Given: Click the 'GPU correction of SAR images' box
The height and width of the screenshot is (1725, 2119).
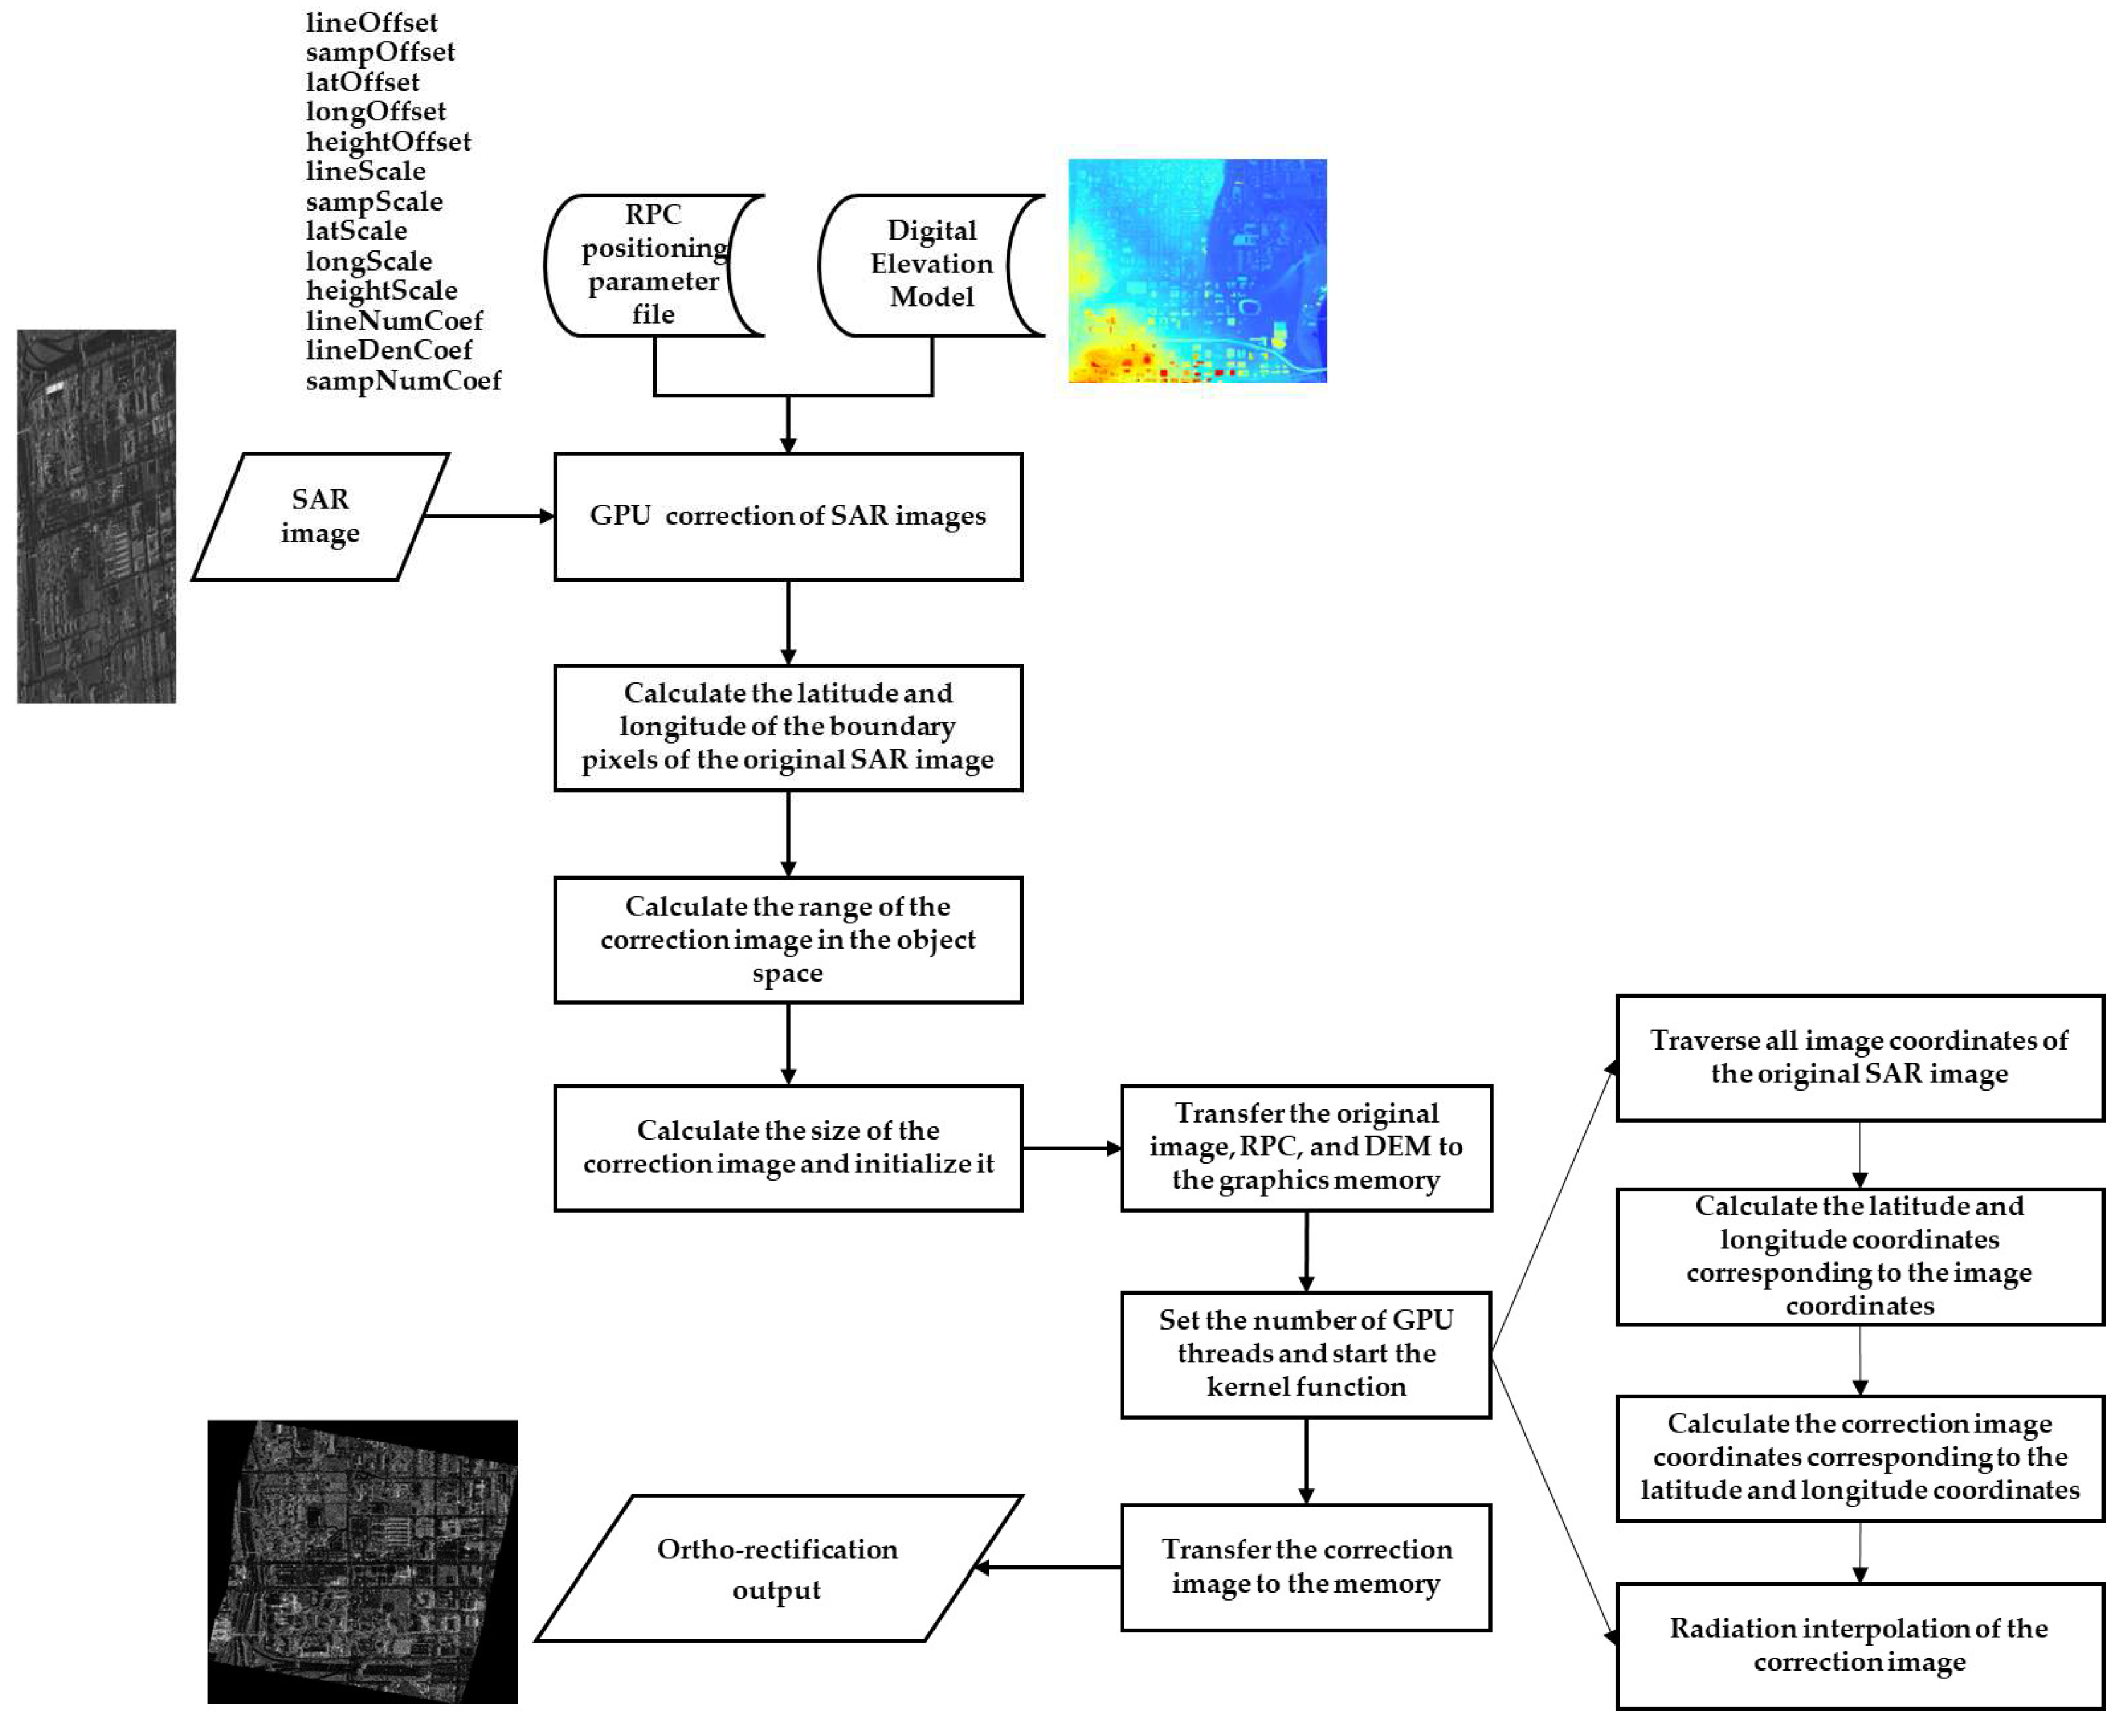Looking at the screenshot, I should pos(787,516).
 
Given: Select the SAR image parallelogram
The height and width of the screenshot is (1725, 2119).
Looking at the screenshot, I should pos(319,516).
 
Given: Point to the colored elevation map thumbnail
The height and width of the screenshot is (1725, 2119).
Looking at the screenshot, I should pos(1196,271).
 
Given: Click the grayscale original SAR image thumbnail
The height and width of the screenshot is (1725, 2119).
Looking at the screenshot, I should pos(96,516).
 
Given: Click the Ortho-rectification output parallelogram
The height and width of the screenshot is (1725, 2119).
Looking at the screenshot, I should pos(777,1568).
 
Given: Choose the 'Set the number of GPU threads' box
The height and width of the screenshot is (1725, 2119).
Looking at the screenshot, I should pos(1305,1354).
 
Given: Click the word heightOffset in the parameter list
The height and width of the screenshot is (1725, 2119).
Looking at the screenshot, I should pos(387,141).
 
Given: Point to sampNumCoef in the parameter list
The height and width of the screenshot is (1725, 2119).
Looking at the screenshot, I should pos(402,380).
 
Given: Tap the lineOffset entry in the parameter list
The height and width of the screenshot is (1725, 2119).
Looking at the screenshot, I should pos(371,22).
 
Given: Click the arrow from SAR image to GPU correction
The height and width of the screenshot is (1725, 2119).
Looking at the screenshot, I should pos(487,516).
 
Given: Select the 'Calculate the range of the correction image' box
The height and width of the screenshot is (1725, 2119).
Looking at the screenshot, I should pos(787,939).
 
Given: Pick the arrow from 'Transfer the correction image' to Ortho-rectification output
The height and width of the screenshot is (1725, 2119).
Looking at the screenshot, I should pos(1048,1567).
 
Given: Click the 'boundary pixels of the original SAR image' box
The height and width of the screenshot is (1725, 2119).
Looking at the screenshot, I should pos(787,727).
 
